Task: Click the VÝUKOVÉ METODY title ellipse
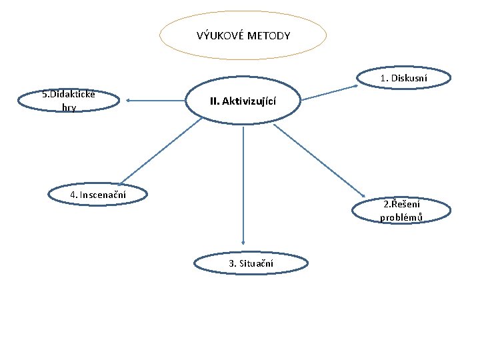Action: pyautogui.click(x=243, y=35)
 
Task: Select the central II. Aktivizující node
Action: pyautogui.click(x=243, y=101)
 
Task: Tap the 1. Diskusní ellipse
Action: pyautogui.click(x=403, y=79)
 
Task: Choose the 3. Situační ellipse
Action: pyautogui.click(x=251, y=263)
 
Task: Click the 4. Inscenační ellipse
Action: pyautogui.click(x=98, y=194)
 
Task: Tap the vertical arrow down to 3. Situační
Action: pyautogui.click(x=243, y=187)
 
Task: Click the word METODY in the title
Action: pyautogui.click(x=269, y=35)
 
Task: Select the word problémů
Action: pyautogui.click(x=401, y=217)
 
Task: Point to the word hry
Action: pyautogui.click(x=69, y=107)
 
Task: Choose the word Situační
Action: pyautogui.click(x=256, y=263)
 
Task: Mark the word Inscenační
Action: pyautogui.click(x=103, y=194)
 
